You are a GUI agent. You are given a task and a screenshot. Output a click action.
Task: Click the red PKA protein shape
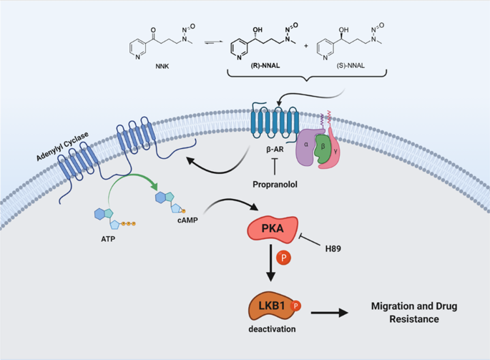(x=273, y=229)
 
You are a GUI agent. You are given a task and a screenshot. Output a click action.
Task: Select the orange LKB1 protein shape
(x=271, y=306)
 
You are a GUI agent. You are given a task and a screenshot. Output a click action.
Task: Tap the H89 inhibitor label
(x=333, y=249)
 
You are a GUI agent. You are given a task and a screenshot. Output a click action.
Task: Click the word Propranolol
(x=275, y=185)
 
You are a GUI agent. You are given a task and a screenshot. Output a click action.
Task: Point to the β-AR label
(x=275, y=150)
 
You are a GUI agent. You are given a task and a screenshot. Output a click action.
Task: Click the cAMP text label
(x=187, y=220)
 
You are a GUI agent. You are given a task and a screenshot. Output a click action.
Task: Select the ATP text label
(x=108, y=239)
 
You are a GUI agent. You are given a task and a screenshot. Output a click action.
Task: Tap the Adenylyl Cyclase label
(x=62, y=146)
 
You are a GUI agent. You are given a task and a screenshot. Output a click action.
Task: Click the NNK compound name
(x=162, y=67)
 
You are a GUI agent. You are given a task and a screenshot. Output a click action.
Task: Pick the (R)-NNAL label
(x=265, y=66)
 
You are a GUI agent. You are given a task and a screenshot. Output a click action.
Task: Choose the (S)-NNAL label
(x=351, y=66)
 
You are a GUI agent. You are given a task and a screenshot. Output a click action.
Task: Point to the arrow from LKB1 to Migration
(x=329, y=313)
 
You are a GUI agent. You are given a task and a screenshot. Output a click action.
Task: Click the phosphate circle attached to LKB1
(x=295, y=306)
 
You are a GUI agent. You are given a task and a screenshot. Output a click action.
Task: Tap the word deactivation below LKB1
(x=272, y=329)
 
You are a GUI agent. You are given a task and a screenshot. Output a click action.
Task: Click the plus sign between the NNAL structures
(x=306, y=46)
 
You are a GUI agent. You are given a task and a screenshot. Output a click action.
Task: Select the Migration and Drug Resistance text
(x=414, y=313)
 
